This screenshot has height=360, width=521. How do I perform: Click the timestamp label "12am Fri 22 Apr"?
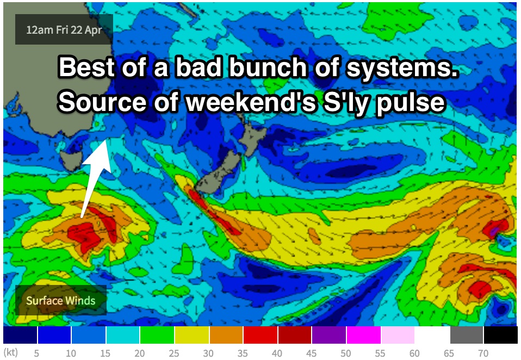point(64,30)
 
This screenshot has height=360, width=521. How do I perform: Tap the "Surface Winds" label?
point(61,301)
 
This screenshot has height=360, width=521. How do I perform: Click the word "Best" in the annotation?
point(87,67)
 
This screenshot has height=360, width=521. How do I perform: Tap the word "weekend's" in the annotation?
point(251,101)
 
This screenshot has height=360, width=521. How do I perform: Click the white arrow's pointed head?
point(106,140)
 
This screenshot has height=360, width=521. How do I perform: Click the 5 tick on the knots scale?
point(36,353)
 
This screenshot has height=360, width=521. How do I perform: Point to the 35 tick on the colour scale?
point(243,353)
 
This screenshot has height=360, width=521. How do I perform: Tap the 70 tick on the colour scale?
point(483,353)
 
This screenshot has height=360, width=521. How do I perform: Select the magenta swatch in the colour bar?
point(364,335)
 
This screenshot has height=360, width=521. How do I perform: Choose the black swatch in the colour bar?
point(501,335)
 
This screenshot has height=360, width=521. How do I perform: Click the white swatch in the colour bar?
point(432,335)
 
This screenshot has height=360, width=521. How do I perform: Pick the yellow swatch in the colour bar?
point(192,335)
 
